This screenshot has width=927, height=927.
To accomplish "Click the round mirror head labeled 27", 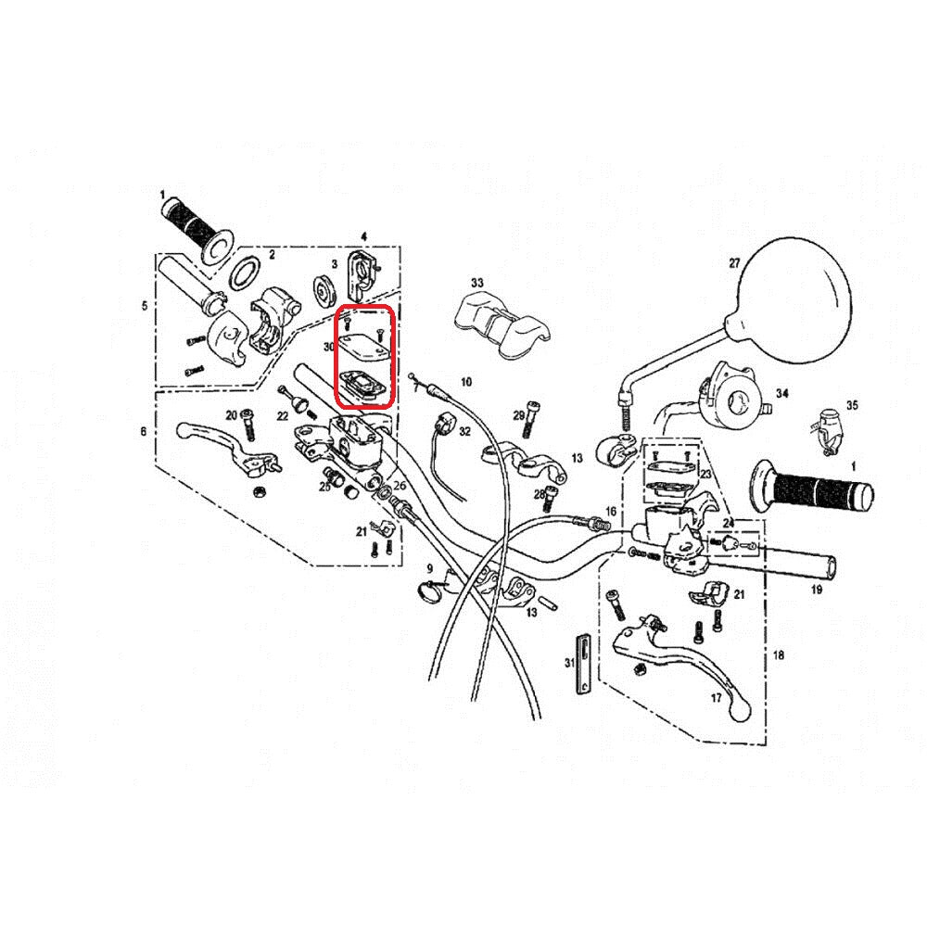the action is (794, 301).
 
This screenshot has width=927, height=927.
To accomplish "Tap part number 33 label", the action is (476, 283).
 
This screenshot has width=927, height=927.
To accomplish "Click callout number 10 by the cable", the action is (466, 382).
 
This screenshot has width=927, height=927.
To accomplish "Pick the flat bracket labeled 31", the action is (583, 663).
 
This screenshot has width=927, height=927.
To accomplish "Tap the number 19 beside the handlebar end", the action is (816, 590).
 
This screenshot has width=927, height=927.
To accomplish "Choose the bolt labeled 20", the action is (248, 425).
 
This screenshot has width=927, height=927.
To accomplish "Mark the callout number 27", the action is (733, 263).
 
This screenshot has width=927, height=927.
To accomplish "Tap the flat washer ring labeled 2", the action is (244, 273).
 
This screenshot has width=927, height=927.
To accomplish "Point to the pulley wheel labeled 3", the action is (324, 291).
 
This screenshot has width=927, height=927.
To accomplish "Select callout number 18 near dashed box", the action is (778, 654).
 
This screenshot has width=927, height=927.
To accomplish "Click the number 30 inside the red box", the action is (329, 347).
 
